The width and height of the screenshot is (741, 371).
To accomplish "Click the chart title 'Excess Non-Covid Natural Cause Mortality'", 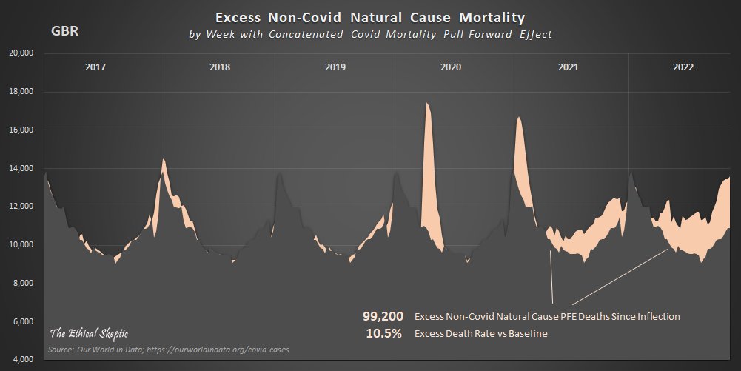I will pyautogui.click(x=369, y=16).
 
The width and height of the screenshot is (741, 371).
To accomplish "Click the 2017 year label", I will pyautogui.click(x=95, y=67).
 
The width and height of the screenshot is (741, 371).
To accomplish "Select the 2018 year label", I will pyautogui.click(x=220, y=67).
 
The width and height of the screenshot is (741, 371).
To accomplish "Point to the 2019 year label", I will pyautogui.click(x=335, y=67).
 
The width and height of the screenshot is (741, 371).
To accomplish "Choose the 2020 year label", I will pyautogui.click(x=451, y=67).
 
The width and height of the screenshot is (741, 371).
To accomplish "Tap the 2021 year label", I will pyautogui.click(x=568, y=67).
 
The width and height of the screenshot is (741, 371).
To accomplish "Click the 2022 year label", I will pyautogui.click(x=683, y=67).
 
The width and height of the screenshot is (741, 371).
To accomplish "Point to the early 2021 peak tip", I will pyautogui.click(x=519, y=118).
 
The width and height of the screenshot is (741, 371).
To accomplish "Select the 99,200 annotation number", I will pyautogui.click(x=382, y=316).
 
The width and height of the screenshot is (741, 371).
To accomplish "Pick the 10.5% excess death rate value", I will pyautogui.click(x=384, y=334).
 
